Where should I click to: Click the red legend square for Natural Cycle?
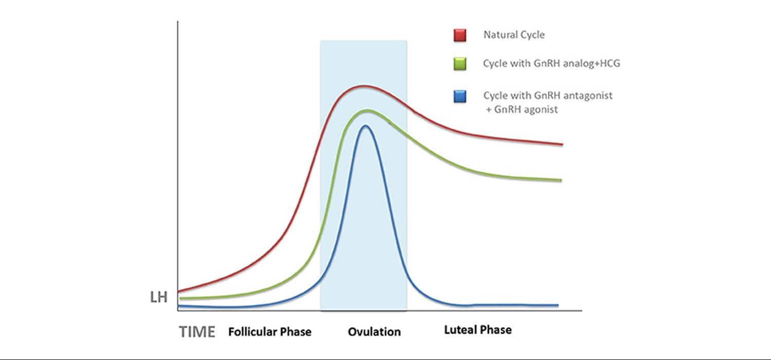point(460,35)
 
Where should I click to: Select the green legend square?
point(460,64)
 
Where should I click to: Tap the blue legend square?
point(460,96)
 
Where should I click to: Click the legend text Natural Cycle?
point(514,35)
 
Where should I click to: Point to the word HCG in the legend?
point(608,63)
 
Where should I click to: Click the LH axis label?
point(159,297)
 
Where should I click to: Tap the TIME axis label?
point(197,332)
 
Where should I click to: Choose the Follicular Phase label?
point(270,332)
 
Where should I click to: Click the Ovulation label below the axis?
point(374,332)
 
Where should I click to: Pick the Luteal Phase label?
point(478,330)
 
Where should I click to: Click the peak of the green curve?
point(368,111)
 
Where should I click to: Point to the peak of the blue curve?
point(365,126)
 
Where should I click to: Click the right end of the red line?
point(562,145)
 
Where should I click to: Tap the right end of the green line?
point(561,180)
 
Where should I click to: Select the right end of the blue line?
point(557,305)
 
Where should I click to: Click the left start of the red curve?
point(179,292)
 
